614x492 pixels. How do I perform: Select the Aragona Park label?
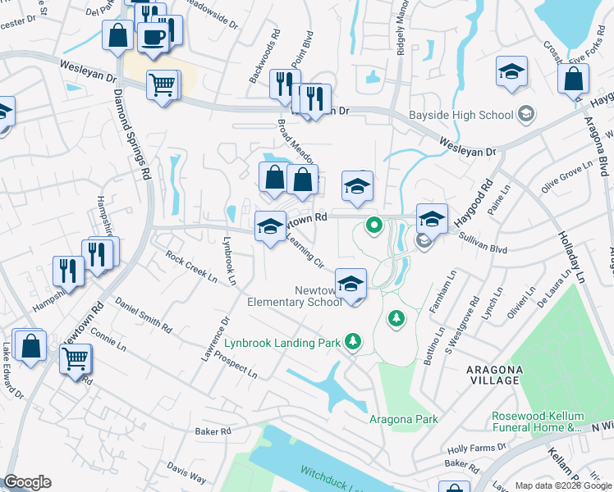[402, 419]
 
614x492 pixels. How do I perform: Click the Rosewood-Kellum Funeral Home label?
[538, 421]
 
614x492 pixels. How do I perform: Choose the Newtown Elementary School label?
[295, 296]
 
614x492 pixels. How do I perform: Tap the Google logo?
[27, 482]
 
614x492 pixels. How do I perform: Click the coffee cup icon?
[153, 36]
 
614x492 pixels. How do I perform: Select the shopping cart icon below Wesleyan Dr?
[163, 84]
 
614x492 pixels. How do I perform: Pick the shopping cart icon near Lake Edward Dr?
[75, 358]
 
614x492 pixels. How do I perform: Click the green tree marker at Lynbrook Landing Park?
[353, 340]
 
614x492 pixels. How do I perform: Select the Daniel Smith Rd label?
[144, 315]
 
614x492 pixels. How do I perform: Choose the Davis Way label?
[186, 471]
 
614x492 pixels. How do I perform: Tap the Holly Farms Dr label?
[479, 447]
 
